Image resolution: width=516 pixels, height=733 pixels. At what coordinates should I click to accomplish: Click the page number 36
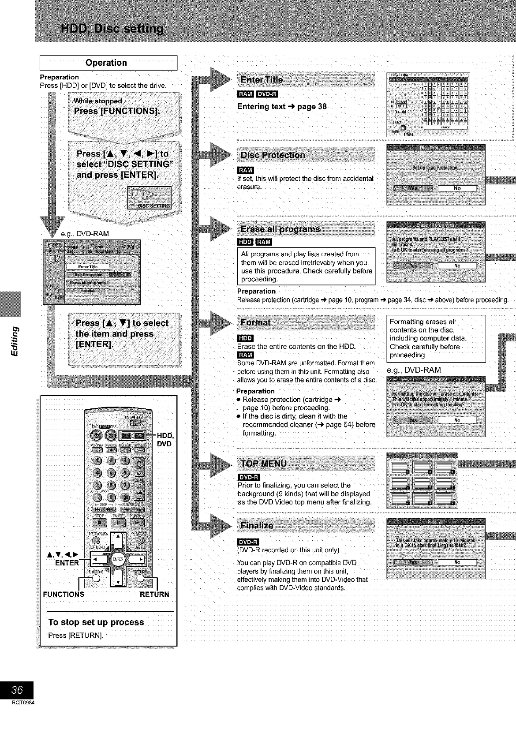[x=17, y=689]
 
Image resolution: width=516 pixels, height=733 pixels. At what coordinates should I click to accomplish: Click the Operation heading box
[x=108, y=63]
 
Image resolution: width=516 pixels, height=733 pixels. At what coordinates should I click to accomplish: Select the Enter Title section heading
[x=262, y=80]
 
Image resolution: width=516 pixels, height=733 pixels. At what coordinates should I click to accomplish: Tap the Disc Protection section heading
[x=273, y=155]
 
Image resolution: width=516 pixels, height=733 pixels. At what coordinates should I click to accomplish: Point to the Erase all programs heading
[x=280, y=229]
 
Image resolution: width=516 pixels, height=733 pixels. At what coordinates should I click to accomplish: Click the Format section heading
[x=256, y=322]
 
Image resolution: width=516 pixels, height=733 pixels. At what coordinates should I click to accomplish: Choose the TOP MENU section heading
[x=264, y=464]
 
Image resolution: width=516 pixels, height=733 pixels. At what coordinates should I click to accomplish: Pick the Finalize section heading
[x=257, y=526]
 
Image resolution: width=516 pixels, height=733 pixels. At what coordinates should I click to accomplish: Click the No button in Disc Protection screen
[x=457, y=188]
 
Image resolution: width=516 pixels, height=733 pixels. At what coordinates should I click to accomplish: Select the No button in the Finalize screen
[x=457, y=562]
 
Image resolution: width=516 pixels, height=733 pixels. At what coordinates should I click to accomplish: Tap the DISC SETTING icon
[x=149, y=197]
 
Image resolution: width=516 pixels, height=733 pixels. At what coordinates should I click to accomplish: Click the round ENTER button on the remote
[x=117, y=559]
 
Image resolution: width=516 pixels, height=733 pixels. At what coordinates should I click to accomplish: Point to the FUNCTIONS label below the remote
[x=64, y=594]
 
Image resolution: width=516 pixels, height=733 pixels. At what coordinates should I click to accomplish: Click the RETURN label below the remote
[x=154, y=594]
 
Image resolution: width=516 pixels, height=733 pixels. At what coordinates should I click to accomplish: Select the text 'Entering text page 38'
[x=282, y=106]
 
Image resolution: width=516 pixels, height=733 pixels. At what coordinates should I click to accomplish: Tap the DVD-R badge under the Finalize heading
[x=249, y=542]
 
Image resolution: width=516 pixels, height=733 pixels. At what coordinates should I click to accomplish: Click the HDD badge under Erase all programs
[x=245, y=242]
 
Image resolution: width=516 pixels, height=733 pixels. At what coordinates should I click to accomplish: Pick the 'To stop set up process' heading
[x=96, y=622]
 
